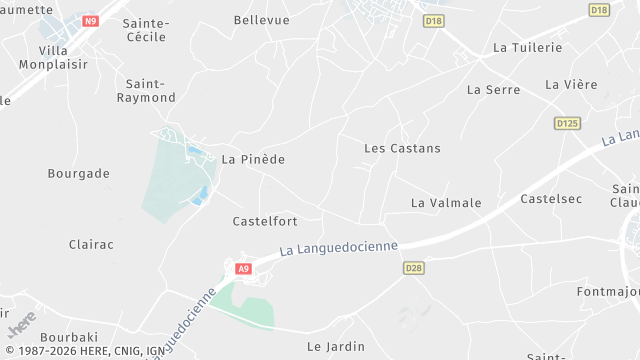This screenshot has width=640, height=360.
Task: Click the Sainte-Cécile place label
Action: pos(145,29)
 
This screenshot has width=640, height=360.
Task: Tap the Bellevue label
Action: pos(261,20)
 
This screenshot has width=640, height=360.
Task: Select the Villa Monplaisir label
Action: pos(63,56)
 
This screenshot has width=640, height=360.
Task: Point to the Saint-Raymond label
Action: pos(146,91)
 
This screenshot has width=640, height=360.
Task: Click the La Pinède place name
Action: pos(253,159)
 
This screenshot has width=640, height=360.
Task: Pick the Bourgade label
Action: pos(78,173)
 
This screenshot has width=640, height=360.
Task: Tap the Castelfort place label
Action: pos(264,221)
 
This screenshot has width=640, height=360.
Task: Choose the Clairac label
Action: pos(91,244)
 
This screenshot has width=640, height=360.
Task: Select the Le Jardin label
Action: pos(336,347)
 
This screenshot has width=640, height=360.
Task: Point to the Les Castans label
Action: pos(402,148)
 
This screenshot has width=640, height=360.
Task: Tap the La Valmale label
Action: pos(446,203)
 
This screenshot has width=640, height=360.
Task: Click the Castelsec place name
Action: pos(551,199)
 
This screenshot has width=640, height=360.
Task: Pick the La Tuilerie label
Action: pos(528,47)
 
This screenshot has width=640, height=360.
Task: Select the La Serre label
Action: pos(494,89)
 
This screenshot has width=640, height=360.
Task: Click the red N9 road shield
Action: pos(91,20)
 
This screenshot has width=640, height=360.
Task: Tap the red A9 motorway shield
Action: pos(243,268)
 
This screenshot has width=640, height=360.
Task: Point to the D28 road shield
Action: pos(413,268)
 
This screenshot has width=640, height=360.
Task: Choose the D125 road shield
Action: pos(567,123)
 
